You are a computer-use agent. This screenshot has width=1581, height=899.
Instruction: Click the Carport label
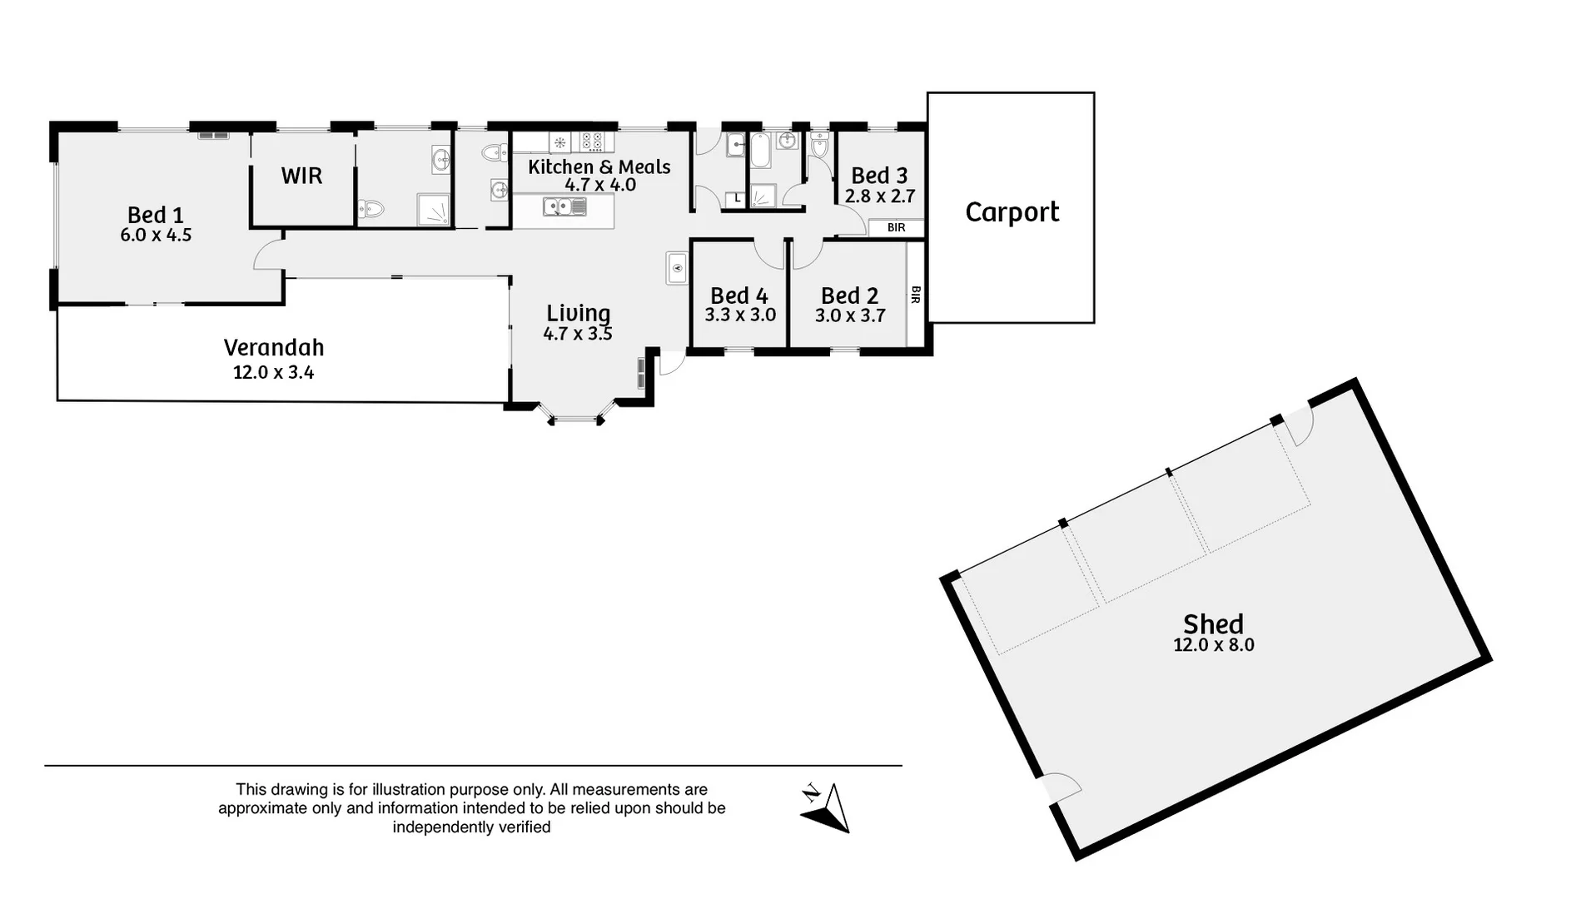pos(1012,212)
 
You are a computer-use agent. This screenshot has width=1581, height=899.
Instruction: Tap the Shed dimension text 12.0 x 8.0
pos(1213,645)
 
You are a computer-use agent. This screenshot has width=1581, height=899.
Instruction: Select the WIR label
pos(301,176)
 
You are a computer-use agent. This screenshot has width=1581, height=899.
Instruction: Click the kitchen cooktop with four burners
pos(592,142)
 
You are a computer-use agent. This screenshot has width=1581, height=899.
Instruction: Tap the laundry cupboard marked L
pos(736,199)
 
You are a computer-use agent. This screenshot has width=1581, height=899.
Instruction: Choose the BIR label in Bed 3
pos(896,227)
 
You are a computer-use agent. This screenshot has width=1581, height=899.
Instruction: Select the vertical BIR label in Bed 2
pos(916,295)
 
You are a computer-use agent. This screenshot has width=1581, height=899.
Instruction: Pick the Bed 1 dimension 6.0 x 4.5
pos(156,236)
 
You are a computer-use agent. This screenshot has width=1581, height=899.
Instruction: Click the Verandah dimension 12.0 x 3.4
pos(273,373)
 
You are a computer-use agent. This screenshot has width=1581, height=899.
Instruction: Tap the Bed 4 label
pos(739,296)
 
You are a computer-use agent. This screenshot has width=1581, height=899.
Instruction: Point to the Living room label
pos(579,313)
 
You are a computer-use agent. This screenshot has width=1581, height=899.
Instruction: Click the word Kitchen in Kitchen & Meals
pos(560,166)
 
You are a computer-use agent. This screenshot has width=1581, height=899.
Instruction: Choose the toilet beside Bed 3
pos(819,147)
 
